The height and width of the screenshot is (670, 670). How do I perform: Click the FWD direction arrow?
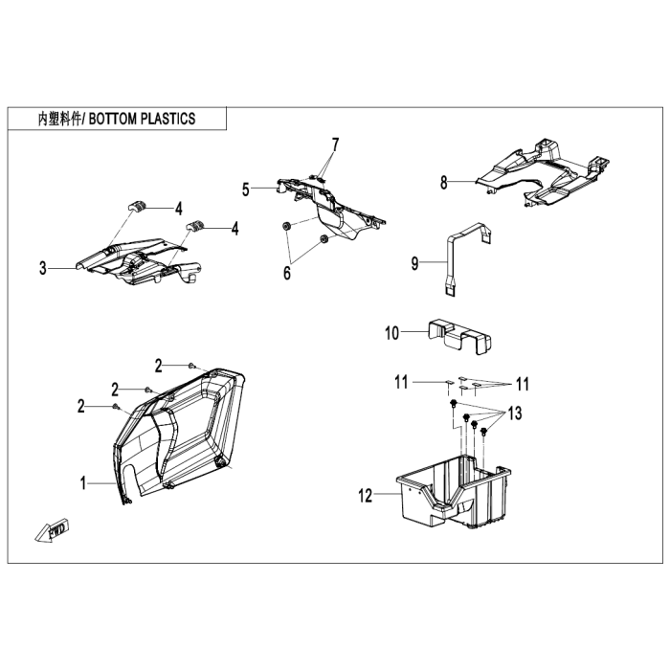click(x=53, y=530)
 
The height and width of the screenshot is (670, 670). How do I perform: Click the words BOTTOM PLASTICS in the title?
click(x=142, y=119)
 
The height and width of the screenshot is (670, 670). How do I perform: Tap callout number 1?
click(x=83, y=483)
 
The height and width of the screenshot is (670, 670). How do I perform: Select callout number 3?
click(x=43, y=268)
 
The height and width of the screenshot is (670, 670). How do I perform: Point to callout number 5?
click(x=245, y=190)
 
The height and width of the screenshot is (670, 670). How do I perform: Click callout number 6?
click(x=287, y=273)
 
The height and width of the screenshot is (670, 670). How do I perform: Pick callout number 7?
click(x=335, y=145)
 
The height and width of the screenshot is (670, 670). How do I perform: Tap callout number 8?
click(x=444, y=183)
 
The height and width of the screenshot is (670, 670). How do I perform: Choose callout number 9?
click(x=414, y=263)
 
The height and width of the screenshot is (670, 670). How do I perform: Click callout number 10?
click(x=391, y=333)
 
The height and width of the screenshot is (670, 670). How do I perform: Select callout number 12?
click(x=366, y=496)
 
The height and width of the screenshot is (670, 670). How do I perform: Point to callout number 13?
click(x=515, y=413)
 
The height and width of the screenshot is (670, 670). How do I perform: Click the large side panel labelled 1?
click(x=180, y=435)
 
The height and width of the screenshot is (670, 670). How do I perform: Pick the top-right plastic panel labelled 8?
click(x=543, y=173)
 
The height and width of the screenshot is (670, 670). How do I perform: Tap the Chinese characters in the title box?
click(x=59, y=120)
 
